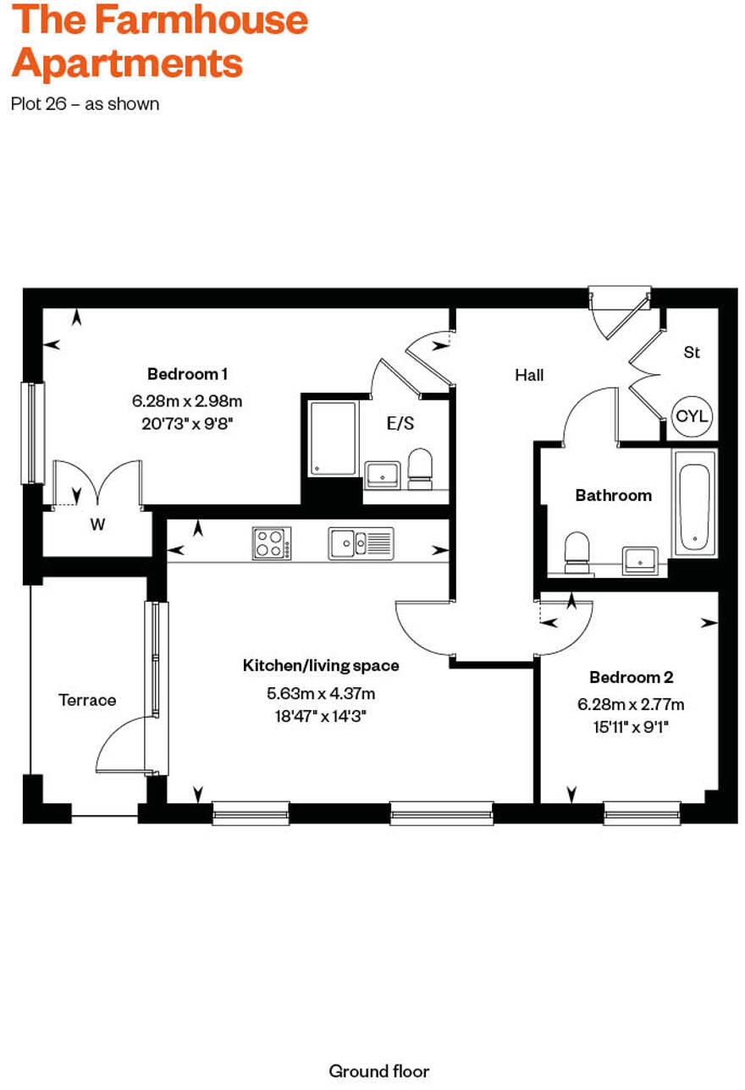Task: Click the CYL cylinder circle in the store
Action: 693,416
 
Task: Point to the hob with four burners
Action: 272,542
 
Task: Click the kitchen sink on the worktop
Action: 361,542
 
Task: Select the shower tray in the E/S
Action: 333,438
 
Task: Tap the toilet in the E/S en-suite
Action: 420,468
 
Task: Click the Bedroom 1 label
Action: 187,373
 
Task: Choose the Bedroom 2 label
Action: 631,677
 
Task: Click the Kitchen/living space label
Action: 321,665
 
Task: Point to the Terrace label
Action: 87,700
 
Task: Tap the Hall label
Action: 529,375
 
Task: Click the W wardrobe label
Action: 97,525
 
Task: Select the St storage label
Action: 692,352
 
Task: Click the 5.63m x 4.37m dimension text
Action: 321,693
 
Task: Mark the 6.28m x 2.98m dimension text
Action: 187,400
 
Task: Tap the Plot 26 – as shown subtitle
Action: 85,104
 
